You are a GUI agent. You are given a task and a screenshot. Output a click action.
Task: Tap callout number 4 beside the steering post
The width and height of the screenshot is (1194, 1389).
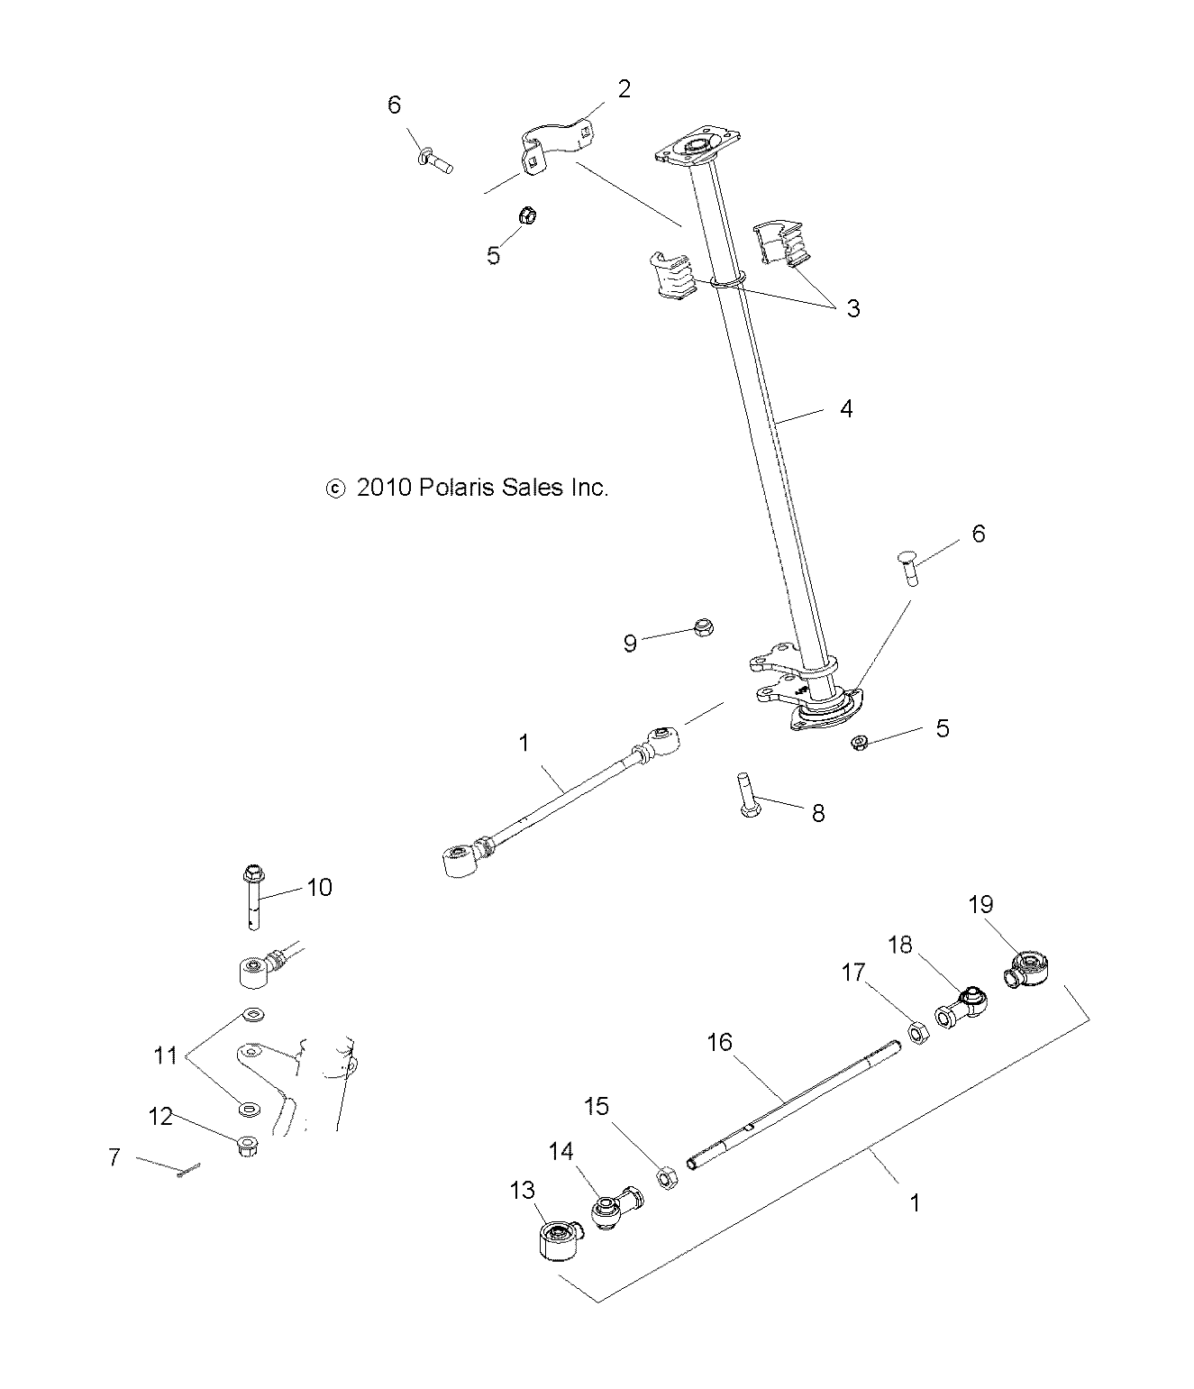click(x=845, y=408)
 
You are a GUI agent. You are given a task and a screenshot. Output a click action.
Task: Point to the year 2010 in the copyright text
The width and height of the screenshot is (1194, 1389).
click(x=385, y=488)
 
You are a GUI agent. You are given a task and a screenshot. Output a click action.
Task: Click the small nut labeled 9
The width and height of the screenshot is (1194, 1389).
click(x=705, y=627)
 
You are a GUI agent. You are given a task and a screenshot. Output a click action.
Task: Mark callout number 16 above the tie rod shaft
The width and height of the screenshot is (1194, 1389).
click(x=720, y=1042)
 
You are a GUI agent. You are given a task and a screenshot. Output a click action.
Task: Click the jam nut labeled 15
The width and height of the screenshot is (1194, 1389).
click(x=666, y=1177)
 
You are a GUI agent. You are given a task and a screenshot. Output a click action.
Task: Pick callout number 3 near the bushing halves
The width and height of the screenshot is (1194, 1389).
click(x=852, y=308)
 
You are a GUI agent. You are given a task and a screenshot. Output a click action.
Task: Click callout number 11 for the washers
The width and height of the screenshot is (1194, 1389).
click(x=165, y=1055)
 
